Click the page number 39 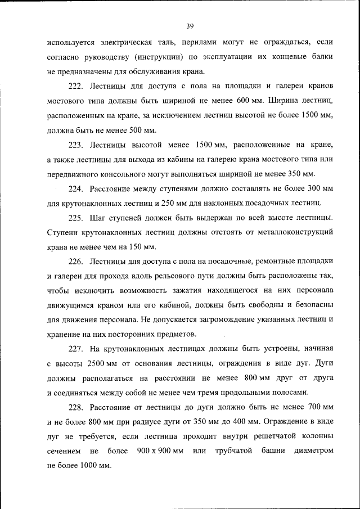[190, 25]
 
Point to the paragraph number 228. [75, 406]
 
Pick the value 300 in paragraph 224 [313, 187]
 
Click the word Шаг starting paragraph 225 [97, 217]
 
